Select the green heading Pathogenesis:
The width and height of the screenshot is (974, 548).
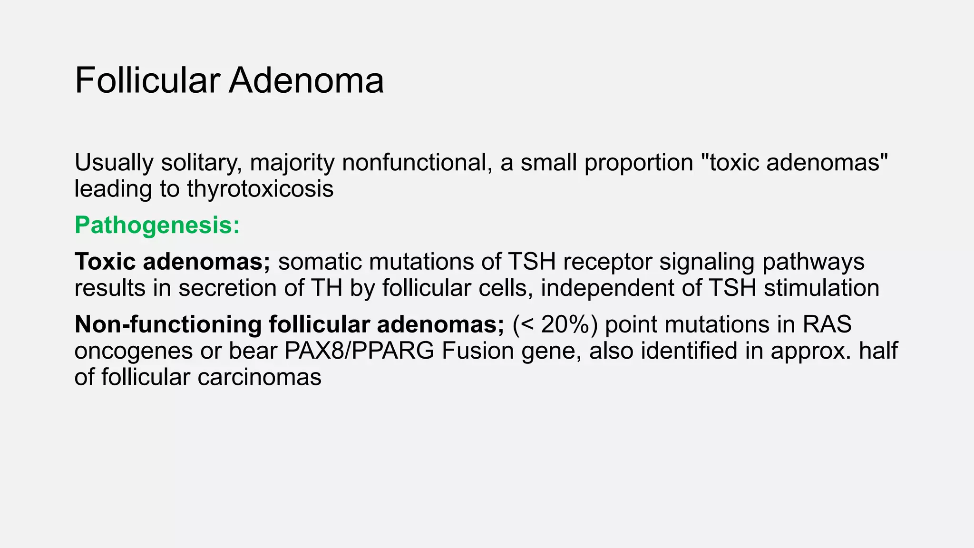click(x=157, y=225)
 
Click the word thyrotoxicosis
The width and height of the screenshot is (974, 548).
click(x=260, y=189)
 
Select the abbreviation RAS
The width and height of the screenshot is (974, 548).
click(x=827, y=324)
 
